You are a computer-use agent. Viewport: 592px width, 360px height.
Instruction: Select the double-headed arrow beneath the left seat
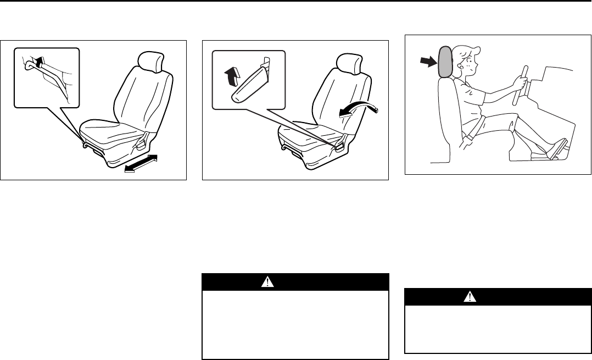[x=141, y=164]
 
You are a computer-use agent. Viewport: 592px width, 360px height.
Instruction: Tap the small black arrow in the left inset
[x=40, y=63]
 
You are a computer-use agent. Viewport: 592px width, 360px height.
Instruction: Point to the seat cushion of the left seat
[x=113, y=132]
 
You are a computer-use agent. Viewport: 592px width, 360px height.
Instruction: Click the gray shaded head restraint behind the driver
[x=445, y=62]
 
